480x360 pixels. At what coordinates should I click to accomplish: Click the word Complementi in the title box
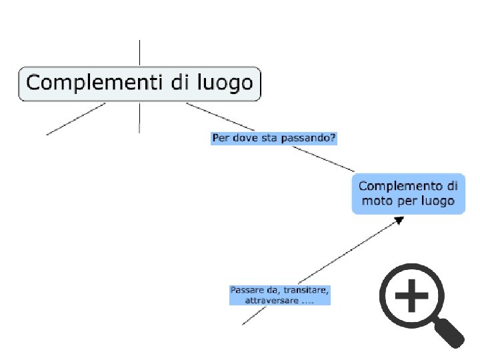click(87, 83)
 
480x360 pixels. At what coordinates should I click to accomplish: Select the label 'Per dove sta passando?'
click(273, 139)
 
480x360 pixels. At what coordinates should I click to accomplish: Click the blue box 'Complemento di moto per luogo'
click(407, 193)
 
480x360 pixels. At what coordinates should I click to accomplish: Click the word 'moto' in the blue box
click(373, 201)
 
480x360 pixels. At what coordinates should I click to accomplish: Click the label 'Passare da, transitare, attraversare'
click(279, 295)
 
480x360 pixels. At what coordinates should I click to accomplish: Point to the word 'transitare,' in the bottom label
click(306, 290)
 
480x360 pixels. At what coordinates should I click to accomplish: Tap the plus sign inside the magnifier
click(412, 294)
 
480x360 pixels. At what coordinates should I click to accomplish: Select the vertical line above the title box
click(139, 53)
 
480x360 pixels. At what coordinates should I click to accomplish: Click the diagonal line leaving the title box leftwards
click(75, 119)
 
